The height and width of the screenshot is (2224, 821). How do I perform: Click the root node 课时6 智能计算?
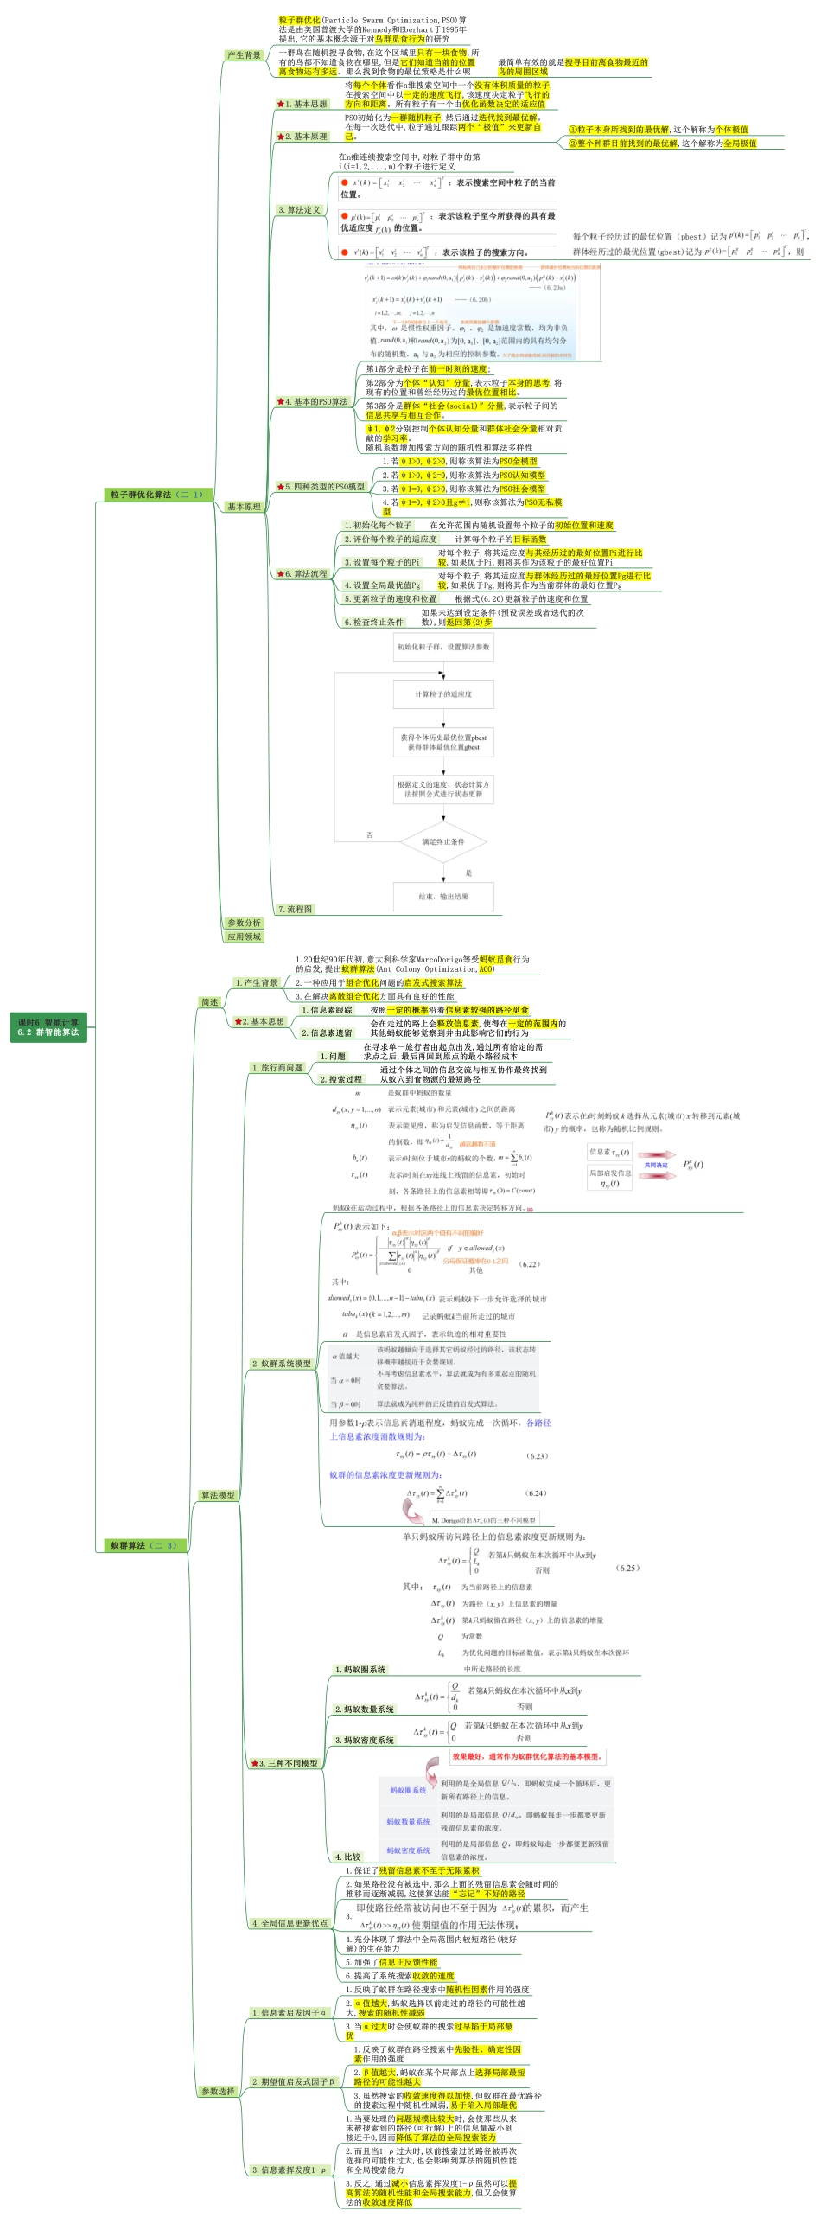click(48, 1026)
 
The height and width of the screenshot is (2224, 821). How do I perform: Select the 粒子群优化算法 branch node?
click(156, 495)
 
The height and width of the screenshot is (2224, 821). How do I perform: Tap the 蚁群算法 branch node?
click(143, 1545)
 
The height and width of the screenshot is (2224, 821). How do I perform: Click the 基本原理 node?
click(244, 507)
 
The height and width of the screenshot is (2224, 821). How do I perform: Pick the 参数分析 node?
click(244, 923)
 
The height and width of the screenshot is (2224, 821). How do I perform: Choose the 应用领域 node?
click(244, 936)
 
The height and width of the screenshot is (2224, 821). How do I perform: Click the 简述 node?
click(210, 1002)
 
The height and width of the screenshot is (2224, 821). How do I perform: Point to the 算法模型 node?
click(218, 1495)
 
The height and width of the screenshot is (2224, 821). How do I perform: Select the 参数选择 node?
click(218, 2091)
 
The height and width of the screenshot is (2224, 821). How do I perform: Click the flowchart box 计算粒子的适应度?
click(443, 694)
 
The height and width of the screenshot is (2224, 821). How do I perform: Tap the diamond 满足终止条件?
click(443, 841)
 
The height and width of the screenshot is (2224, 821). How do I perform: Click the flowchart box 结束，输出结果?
click(443, 897)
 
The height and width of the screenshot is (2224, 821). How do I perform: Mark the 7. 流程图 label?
click(296, 909)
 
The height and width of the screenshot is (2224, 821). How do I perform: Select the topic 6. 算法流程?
click(303, 573)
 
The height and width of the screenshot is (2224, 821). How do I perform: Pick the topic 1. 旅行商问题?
click(277, 1068)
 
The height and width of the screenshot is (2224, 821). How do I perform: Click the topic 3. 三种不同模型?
click(286, 1763)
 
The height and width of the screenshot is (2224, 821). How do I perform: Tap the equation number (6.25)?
click(628, 1568)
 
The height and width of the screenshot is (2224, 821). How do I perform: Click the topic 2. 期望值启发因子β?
click(292, 2081)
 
